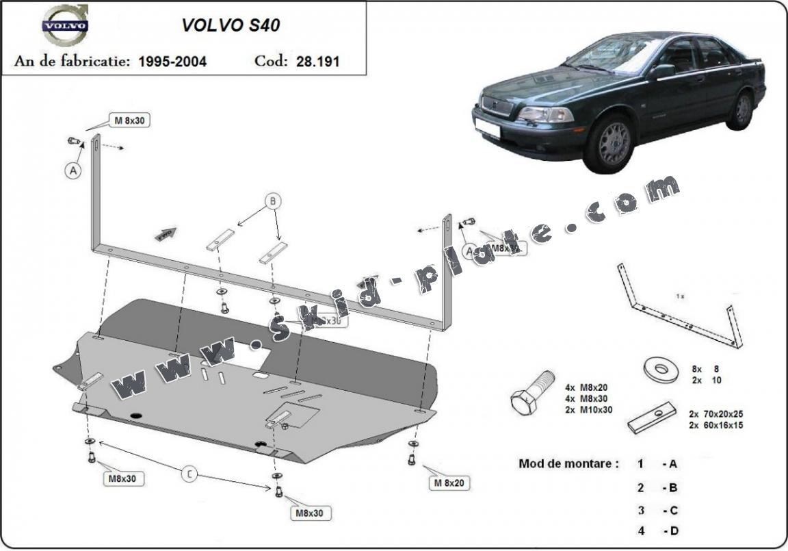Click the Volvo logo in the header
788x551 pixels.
[x=65, y=27]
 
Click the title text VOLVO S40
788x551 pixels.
[x=230, y=25]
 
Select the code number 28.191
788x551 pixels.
[x=317, y=61]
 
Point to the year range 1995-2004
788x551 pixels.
[x=172, y=61]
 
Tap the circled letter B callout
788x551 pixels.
[x=273, y=201]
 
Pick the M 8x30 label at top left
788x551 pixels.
[x=129, y=120]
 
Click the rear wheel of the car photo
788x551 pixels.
[x=743, y=109]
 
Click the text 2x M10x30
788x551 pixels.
[x=589, y=409]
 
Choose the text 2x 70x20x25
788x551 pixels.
[x=716, y=414]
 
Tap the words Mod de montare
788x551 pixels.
[x=568, y=463]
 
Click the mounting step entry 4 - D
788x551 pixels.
[x=657, y=531]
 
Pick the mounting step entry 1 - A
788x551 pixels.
[x=657, y=464]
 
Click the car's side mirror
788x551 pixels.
[x=662, y=71]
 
